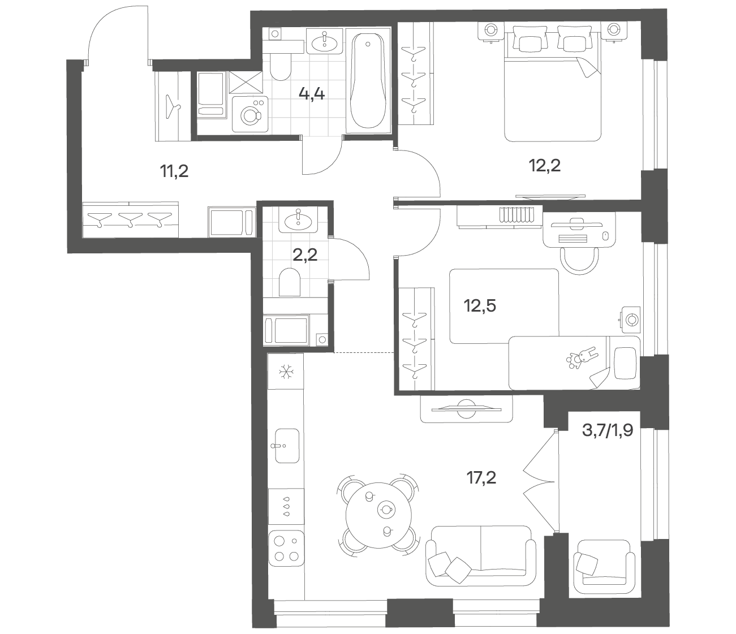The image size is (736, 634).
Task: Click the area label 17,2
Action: pos(481,478)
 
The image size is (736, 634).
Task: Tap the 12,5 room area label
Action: pos(480,306)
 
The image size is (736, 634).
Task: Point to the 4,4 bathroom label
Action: pos(312,94)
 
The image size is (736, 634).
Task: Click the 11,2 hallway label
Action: pos(174,171)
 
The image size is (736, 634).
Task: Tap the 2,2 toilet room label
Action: pos(305,255)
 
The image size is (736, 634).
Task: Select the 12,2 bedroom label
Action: pos(545,166)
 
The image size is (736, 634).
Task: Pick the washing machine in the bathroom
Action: pos(249,114)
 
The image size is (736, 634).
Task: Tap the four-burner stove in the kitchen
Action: pos(286,548)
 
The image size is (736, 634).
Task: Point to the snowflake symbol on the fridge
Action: pos(286,373)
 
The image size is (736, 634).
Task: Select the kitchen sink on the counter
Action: pos(286,446)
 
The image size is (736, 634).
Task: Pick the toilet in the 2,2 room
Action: pos(290,282)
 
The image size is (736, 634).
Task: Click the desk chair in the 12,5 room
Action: pos(579,260)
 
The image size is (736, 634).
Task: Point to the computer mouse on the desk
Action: pos(605,235)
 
